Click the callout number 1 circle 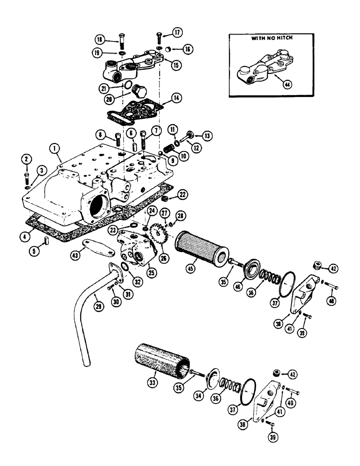click(x=55, y=150)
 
